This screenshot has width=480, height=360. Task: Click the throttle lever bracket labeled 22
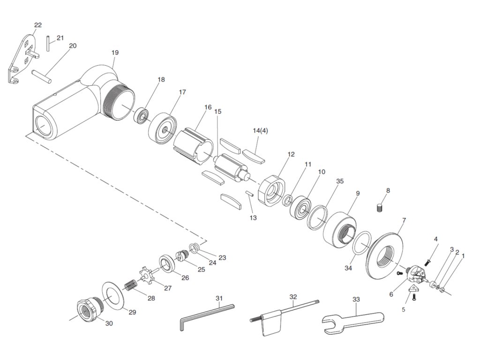pos(21,59)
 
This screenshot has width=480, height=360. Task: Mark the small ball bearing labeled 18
pos(141,115)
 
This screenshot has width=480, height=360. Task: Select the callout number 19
pos(115,52)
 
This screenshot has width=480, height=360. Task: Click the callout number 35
pos(340,181)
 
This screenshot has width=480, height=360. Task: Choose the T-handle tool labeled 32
pos(281,313)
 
